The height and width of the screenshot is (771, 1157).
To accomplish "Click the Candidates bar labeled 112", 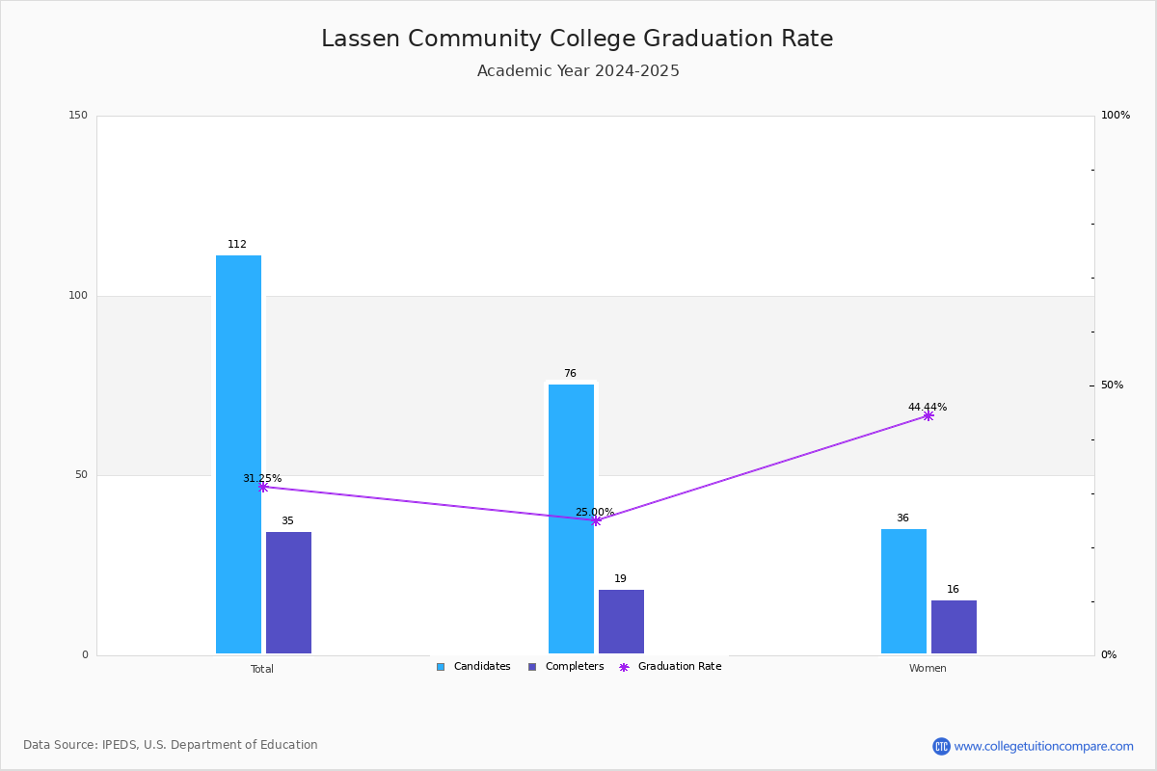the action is pos(238,454).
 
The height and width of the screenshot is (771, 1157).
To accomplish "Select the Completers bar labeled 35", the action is pos(288,593).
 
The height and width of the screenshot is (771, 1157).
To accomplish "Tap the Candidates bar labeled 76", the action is pos(571,518).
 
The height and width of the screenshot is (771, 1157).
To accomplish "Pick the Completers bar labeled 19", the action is pos(621,622).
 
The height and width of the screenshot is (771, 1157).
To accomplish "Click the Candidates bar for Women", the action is pos(903,591).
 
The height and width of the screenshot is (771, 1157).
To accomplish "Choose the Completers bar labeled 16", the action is pos(954,626).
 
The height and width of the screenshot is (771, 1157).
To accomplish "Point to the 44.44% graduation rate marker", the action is pos(928,415).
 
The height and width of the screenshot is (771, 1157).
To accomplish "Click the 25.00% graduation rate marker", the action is pos(596,520).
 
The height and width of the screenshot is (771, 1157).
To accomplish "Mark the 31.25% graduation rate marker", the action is pos(263,487).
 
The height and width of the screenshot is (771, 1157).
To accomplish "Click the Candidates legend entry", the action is pos(473,667).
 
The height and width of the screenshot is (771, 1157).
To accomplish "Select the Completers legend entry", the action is pos(566,667).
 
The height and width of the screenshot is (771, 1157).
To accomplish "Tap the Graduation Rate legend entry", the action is pos(670,667).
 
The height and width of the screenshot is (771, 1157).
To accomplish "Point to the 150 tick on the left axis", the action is pos(78,115).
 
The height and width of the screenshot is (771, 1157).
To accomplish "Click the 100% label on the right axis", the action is pos(1116,115).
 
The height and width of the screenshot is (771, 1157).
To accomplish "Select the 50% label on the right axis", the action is pos(1112,385).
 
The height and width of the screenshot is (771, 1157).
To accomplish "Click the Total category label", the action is pos(262,669).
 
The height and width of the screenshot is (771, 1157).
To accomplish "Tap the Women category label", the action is pos(928,668).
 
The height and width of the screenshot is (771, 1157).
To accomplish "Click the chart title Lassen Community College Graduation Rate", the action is pos(577,39).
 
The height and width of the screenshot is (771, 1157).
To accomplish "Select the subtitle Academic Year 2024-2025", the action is pos(578,70).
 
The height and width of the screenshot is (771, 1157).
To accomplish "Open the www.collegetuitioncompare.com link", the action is pos(1043,746).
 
